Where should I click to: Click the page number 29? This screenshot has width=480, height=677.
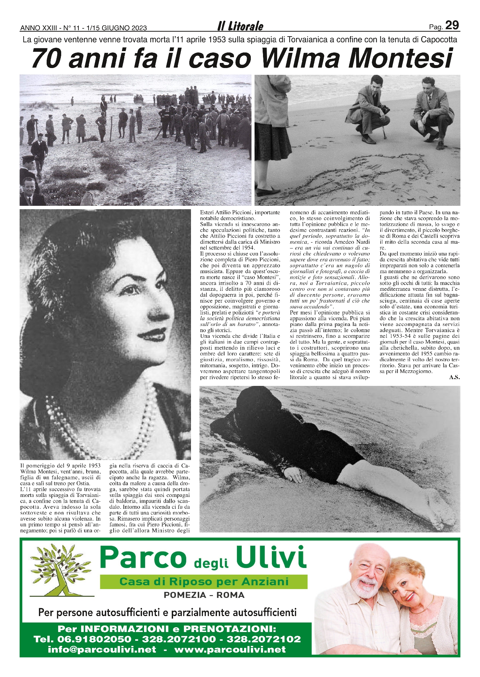click(x=452, y=25)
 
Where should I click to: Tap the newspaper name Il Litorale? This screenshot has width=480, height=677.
click(x=240, y=26)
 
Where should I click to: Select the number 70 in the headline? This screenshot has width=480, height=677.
click(x=47, y=59)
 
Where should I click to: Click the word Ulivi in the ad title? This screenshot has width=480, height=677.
click(x=271, y=558)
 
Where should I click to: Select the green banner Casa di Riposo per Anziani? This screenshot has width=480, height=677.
click(x=203, y=582)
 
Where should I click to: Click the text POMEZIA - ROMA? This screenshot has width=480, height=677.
click(x=204, y=595)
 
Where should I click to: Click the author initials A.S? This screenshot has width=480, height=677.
click(x=454, y=377)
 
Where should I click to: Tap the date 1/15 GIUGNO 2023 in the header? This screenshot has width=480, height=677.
click(x=117, y=28)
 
